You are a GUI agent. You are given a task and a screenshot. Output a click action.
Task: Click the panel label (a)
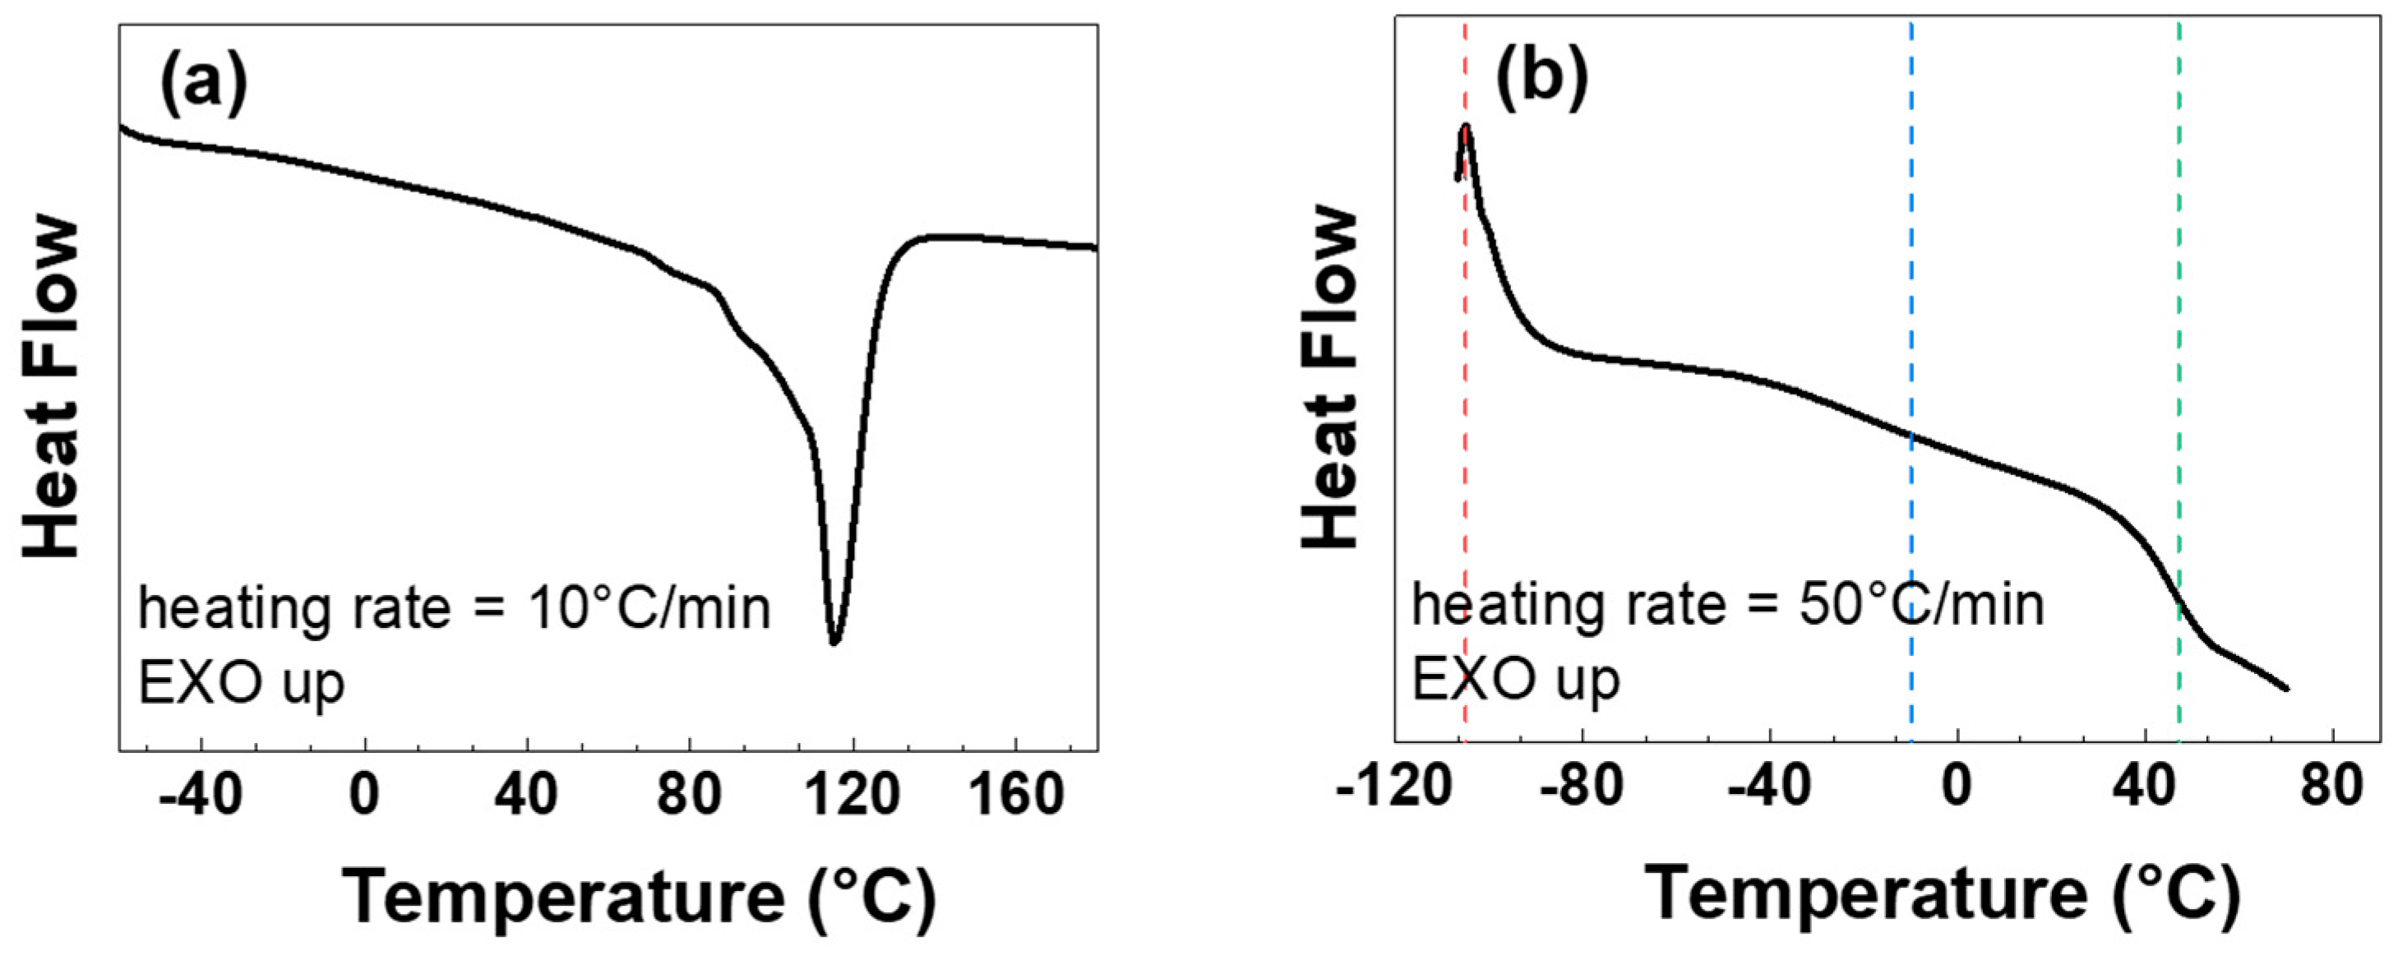204,85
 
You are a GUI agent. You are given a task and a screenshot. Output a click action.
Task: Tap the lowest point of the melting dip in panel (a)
834,642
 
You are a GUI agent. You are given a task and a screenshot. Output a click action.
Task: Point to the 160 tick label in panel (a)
1014,797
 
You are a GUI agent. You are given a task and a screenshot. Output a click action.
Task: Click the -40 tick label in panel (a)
201,797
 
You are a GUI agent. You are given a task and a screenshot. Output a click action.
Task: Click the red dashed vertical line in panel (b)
1465,465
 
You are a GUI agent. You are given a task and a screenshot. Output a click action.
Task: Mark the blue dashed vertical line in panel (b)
1911,279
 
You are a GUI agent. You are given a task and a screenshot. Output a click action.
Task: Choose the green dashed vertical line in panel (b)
2179,279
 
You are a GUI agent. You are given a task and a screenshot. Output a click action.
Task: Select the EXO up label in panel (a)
242,685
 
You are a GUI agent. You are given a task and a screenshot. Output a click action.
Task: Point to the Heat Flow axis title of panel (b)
1331,377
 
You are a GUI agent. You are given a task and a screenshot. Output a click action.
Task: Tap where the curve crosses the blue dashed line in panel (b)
1911,436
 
